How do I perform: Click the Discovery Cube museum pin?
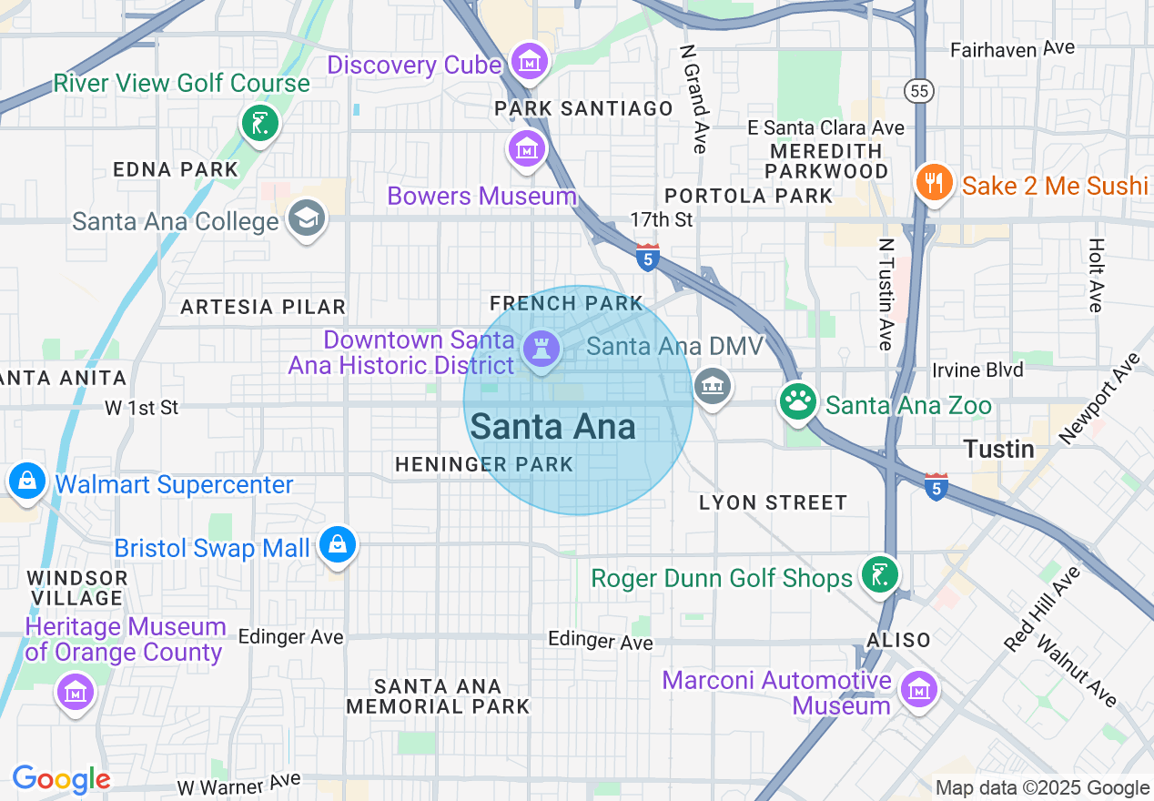coord(528,62)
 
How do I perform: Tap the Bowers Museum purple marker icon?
coord(526,148)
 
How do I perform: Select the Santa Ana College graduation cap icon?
coord(306,218)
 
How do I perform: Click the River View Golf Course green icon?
coord(260,124)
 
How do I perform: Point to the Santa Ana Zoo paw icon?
coord(798,401)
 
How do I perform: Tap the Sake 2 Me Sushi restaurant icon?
coord(934,183)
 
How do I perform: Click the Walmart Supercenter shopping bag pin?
coord(27,481)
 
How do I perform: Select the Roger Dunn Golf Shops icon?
coord(880,574)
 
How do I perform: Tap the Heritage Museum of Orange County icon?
coord(75,692)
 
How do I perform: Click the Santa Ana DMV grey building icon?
coord(713,387)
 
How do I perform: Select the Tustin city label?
coord(998,450)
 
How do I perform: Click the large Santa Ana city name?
coord(553,427)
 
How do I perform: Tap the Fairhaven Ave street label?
coord(1012,49)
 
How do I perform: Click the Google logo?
coord(61,779)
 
